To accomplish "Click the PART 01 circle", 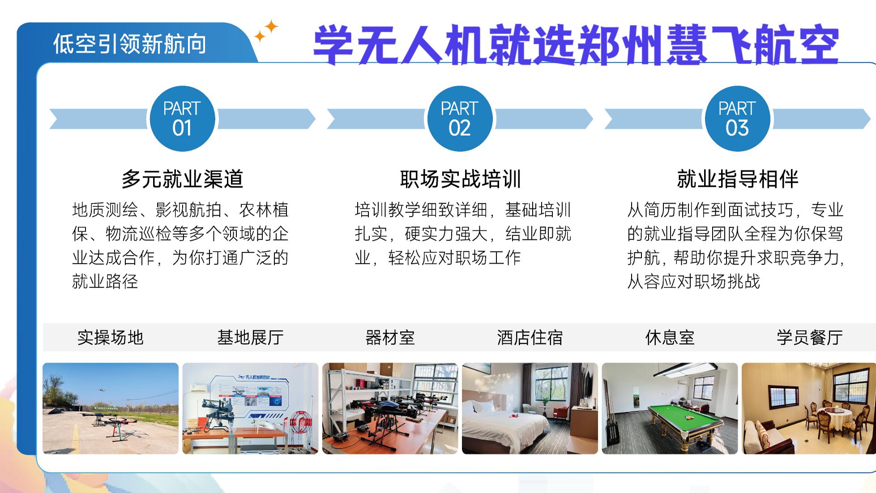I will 182,119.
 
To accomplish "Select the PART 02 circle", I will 459,119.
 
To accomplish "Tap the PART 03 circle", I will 737,119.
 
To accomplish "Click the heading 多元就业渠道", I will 182,179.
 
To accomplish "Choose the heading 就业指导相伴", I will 737,179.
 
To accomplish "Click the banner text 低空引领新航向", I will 129,44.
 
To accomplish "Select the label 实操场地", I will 110,337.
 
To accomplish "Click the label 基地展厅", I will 250,337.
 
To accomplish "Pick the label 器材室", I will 390,337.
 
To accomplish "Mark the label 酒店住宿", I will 530,337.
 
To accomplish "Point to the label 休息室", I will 670,337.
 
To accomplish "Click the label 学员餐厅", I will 809,337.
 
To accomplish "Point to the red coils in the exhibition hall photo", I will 300,423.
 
